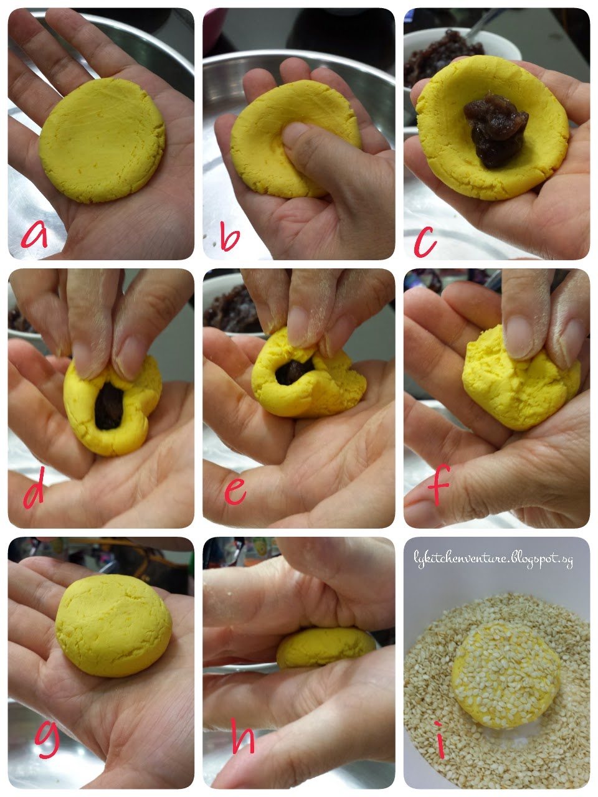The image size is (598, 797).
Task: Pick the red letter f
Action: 439,484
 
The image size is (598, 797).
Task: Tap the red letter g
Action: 47,739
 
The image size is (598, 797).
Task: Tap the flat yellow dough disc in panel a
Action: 102,140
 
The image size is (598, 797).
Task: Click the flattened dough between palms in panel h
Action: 326,648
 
